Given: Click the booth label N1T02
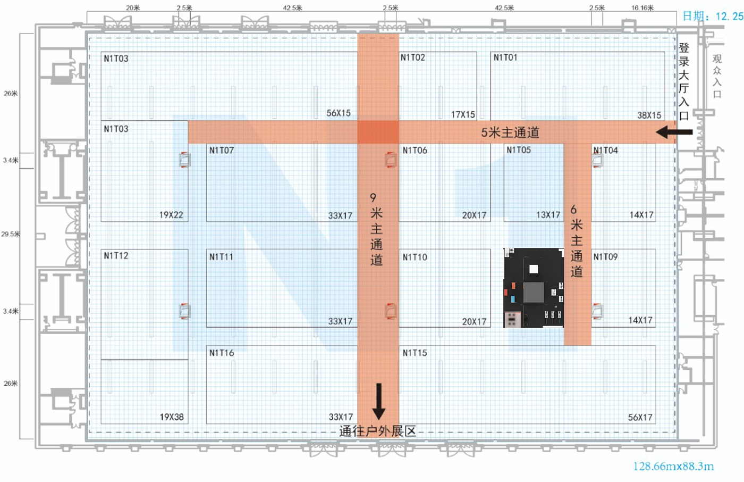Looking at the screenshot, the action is (412, 57).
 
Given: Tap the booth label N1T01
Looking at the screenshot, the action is (505, 57).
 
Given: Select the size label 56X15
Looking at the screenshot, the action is (339, 113).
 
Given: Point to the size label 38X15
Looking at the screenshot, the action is (649, 115).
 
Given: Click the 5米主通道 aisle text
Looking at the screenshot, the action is (510, 132).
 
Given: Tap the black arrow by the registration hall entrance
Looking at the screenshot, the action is (674, 132).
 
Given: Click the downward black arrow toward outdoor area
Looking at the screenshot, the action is (378, 402).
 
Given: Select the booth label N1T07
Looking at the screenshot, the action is (222, 151).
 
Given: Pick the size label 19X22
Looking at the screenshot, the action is (171, 215).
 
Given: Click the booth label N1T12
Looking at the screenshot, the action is (116, 255).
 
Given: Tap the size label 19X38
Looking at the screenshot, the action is (172, 417).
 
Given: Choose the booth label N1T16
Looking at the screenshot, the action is (222, 353).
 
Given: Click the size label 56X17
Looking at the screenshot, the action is (640, 418).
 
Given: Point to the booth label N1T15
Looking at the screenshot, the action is (415, 353).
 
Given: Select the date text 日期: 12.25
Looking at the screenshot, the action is (713, 16).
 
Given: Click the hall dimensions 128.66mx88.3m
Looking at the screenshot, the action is (674, 467).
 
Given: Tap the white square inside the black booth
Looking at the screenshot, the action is (534, 269).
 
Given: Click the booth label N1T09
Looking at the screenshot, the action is (605, 256).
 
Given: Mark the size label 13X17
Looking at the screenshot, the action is (548, 215).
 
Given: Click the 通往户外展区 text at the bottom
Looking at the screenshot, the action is (378, 431).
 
